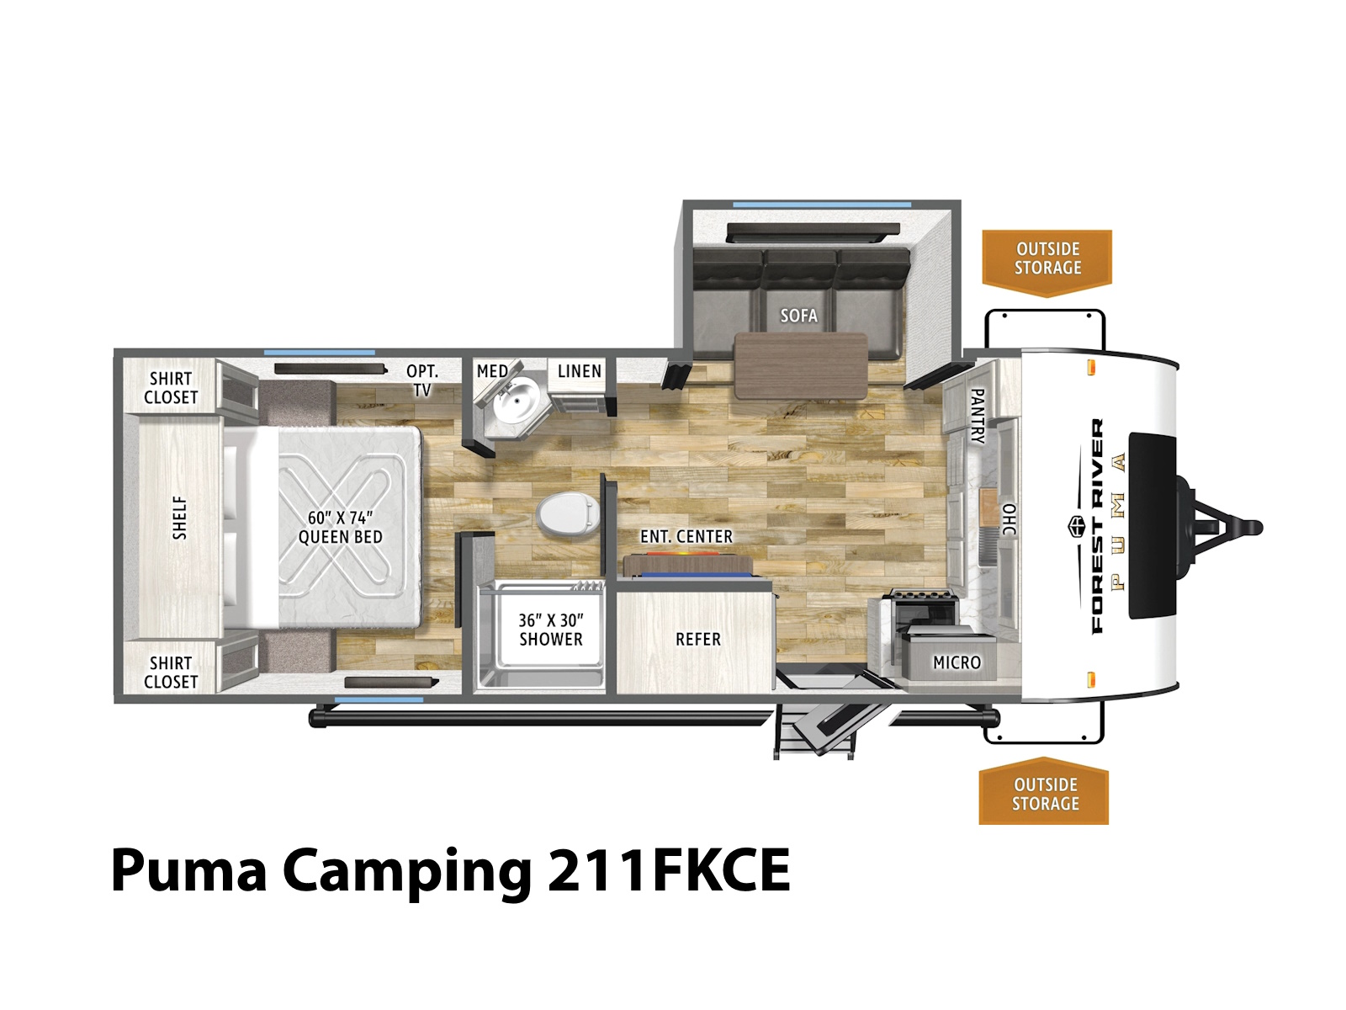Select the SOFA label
click(x=798, y=315)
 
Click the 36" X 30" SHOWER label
click(x=551, y=630)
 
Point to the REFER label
click(x=698, y=639)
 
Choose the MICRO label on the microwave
click(x=957, y=662)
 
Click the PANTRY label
click(x=978, y=416)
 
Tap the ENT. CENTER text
click(x=686, y=537)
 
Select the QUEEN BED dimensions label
click(x=341, y=528)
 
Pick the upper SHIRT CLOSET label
click(x=171, y=387)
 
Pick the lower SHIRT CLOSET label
click(x=171, y=672)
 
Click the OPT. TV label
click(x=422, y=380)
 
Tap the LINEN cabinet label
click(x=580, y=371)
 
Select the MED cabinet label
click(x=492, y=371)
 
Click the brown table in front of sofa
click(x=800, y=366)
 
